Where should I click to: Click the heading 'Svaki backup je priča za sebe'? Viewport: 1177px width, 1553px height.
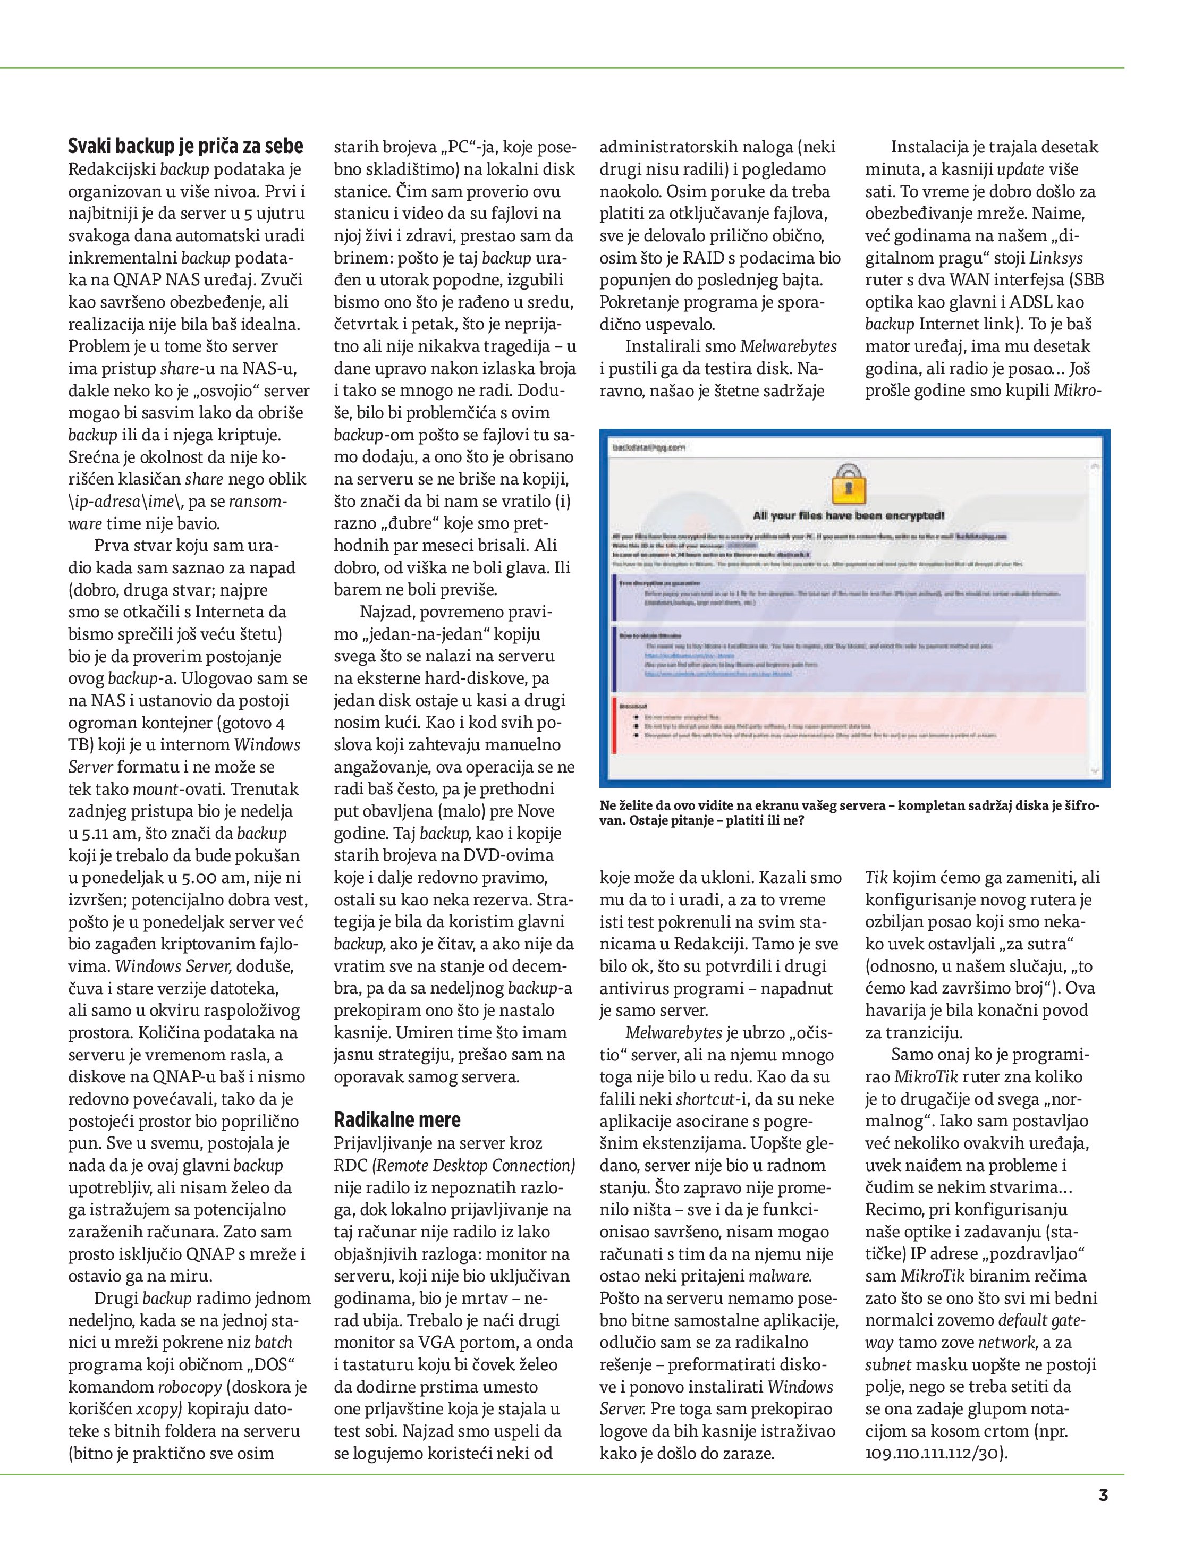click(x=185, y=146)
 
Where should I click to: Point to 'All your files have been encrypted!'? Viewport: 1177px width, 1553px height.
click(x=848, y=515)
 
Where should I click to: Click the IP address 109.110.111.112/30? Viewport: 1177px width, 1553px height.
click(x=934, y=1453)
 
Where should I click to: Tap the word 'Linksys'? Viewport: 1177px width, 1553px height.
click(x=1056, y=258)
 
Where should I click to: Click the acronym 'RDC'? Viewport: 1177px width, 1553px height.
click(x=350, y=1166)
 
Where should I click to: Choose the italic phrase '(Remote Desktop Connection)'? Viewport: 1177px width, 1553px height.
click(x=473, y=1166)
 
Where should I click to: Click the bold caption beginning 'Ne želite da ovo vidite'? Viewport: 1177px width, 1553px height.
click(x=848, y=812)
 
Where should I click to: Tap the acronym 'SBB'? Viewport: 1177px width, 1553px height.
click(x=1087, y=280)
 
